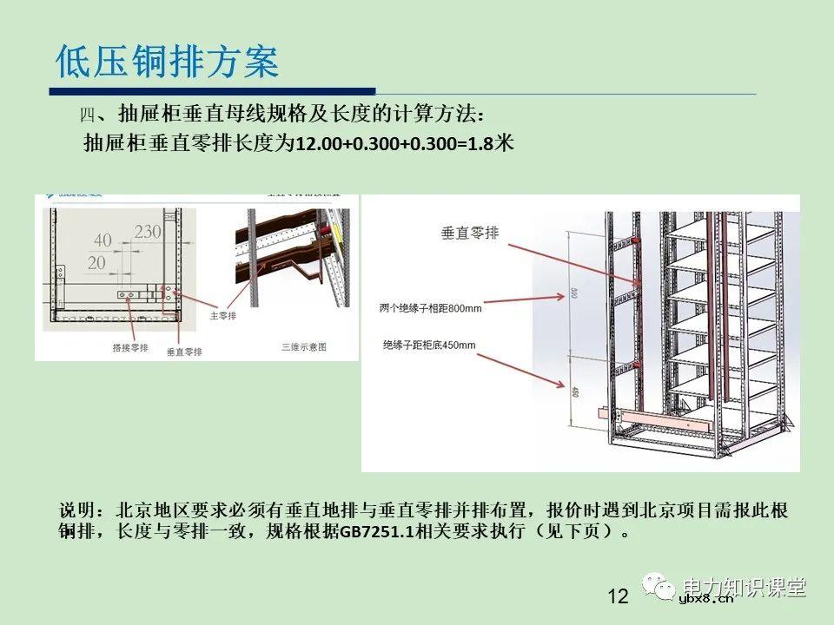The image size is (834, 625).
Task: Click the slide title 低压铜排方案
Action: pos(167,62)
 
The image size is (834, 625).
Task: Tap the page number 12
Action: pos(618,596)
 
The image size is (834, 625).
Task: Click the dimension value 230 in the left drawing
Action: pos(148,233)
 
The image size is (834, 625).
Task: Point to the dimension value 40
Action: pos(103,240)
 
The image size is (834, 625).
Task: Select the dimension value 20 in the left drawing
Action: pos(96,261)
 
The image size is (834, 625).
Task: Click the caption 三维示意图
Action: pos(304,346)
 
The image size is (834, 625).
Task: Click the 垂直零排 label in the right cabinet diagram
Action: pos(471,233)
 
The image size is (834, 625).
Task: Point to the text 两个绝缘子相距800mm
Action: pos(430,307)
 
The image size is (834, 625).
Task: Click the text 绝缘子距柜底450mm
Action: pos(429,345)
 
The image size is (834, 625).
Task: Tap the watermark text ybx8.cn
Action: pos(705,598)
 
